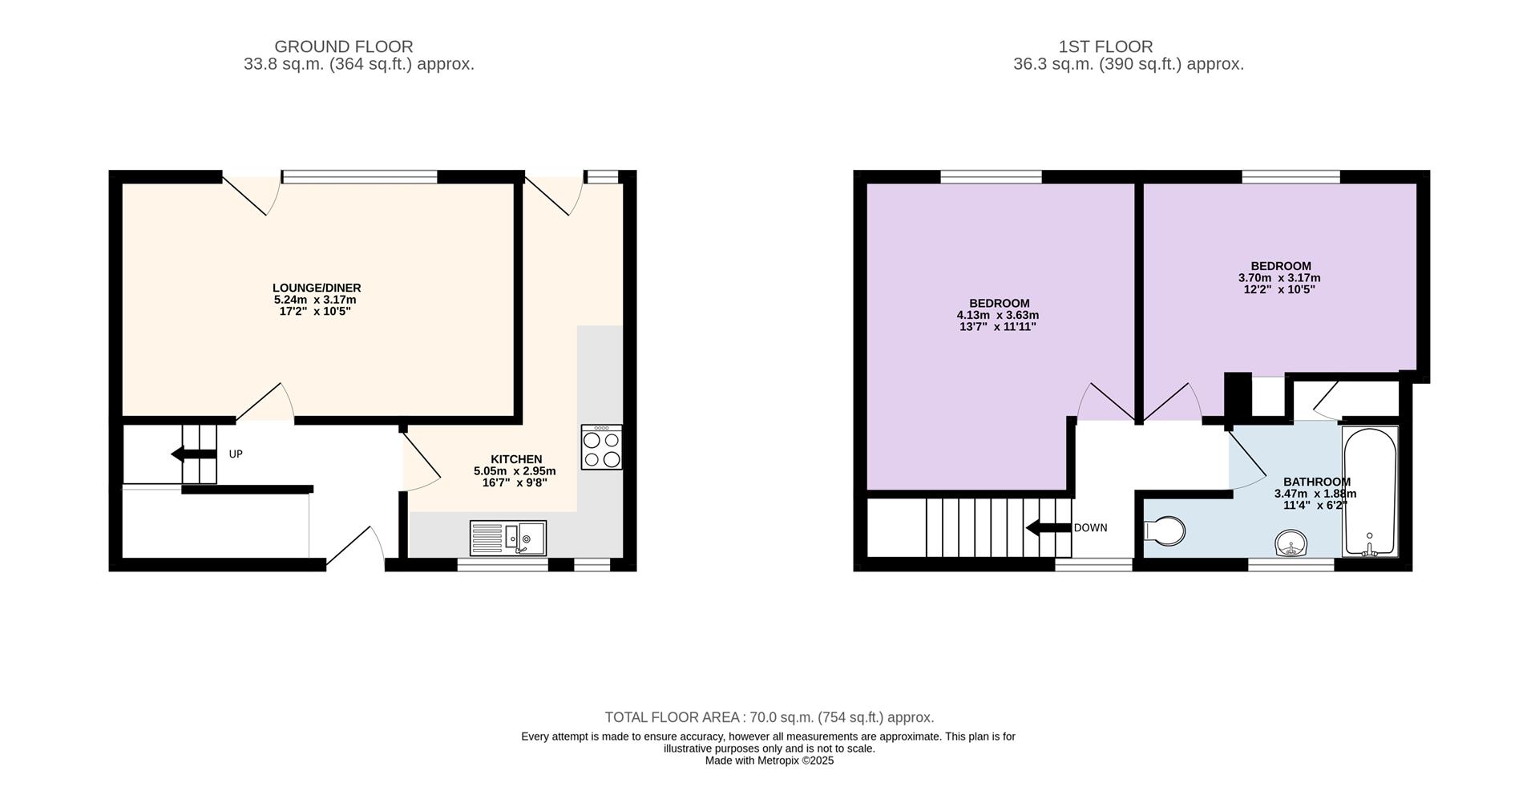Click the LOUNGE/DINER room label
(317, 288)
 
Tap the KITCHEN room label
(516, 459)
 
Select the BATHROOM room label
(1316, 482)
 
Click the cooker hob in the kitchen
(602, 446)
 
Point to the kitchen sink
(508, 539)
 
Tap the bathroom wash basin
(1291, 543)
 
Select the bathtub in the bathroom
(1370, 491)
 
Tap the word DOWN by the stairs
(1090, 528)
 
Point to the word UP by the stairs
(236, 454)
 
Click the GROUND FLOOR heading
(344, 46)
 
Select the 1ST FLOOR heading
(1105, 46)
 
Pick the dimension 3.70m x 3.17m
(1280, 278)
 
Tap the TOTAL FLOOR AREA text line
(769, 717)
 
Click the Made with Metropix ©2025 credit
(769, 761)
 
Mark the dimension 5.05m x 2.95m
(515, 471)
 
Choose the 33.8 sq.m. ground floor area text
(359, 64)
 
